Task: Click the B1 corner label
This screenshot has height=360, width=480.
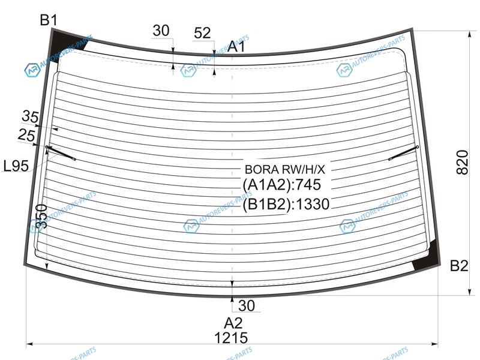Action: click(x=49, y=20)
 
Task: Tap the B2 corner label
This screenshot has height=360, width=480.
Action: click(x=459, y=266)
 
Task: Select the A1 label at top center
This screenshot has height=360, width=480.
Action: click(x=236, y=47)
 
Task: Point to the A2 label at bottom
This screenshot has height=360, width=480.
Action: click(x=233, y=323)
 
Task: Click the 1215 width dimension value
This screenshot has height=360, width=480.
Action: click(x=231, y=338)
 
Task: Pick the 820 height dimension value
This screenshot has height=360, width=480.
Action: click(x=462, y=162)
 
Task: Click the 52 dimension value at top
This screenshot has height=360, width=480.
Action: click(x=202, y=33)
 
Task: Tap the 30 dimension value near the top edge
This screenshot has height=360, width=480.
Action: click(x=161, y=31)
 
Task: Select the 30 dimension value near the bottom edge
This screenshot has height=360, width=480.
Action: click(x=247, y=305)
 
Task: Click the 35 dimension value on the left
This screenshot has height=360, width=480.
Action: click(x=31, y=116)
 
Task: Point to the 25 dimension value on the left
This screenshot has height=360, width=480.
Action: click(x=26, y=135)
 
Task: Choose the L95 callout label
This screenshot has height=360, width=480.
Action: click(x=16, y=166)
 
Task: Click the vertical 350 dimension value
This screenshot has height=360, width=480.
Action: click(x=41, y=217)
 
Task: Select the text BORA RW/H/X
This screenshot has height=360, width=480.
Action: click(x=284, y=169)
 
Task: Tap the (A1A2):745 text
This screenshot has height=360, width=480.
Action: click(x=281, y=185)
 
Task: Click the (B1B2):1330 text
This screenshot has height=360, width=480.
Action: click(x=286, y=204)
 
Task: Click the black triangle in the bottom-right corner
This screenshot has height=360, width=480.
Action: click(x=427, y=257)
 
